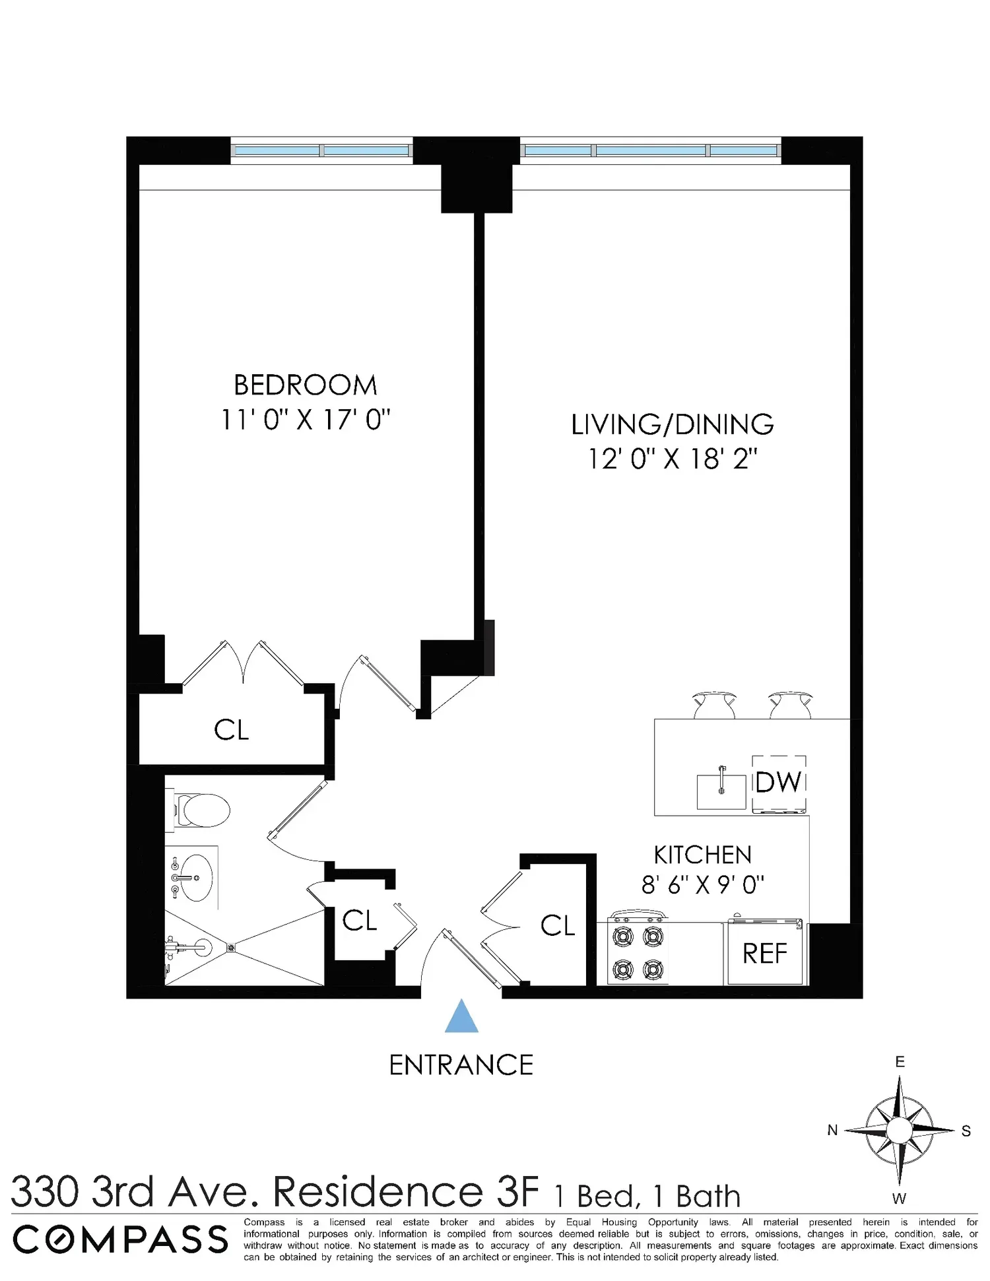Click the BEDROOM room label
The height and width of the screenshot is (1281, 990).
(306, 385)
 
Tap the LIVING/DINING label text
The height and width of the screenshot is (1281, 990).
(673, 425)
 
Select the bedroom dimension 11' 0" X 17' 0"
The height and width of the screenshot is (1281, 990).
(306, 420)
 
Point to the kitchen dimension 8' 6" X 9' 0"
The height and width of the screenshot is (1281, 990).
(703, 884)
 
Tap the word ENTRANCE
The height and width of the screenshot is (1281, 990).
(461, 1065)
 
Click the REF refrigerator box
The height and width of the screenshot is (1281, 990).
(766, 952)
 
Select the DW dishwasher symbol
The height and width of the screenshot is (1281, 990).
(779, 783)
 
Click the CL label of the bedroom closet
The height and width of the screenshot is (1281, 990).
(232, 730)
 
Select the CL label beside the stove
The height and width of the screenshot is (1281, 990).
(558, 925)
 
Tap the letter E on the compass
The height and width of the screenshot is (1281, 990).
(900, 1062)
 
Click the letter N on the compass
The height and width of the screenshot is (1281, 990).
(833, 1131)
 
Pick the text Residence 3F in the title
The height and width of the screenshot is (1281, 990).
(406, 1192)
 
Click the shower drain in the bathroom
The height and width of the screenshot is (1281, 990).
(231, 948)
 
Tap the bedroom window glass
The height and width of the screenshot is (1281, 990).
(322, 150)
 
